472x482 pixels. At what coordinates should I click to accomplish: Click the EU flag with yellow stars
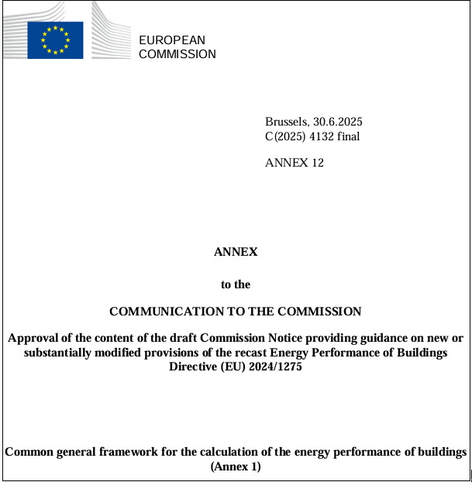point(55,40)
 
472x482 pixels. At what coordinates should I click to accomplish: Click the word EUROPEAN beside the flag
point(172,40)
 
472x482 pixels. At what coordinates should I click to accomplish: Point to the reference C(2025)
point(285,136)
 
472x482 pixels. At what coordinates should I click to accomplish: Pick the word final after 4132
point(349,136)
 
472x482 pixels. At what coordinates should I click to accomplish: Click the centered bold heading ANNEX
point(236,252)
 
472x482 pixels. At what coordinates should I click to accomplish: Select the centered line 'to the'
point(236,284)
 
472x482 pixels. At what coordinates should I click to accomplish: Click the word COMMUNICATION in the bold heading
point(160,312)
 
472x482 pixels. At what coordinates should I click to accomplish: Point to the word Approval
point(32,339)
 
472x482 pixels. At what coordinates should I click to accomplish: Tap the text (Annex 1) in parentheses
point(236,467)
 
